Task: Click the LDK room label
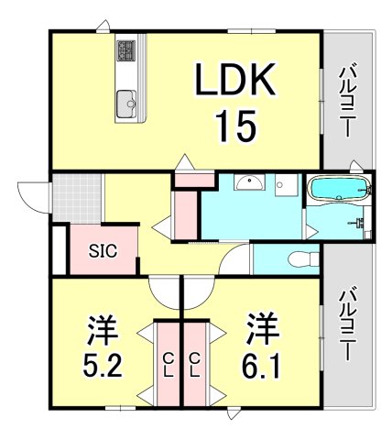coord(233,84)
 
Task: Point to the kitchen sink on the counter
coord(126,104)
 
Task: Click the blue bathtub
coord(338,191)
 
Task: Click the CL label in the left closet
coord(169,364)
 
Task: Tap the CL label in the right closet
coord(195,364)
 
